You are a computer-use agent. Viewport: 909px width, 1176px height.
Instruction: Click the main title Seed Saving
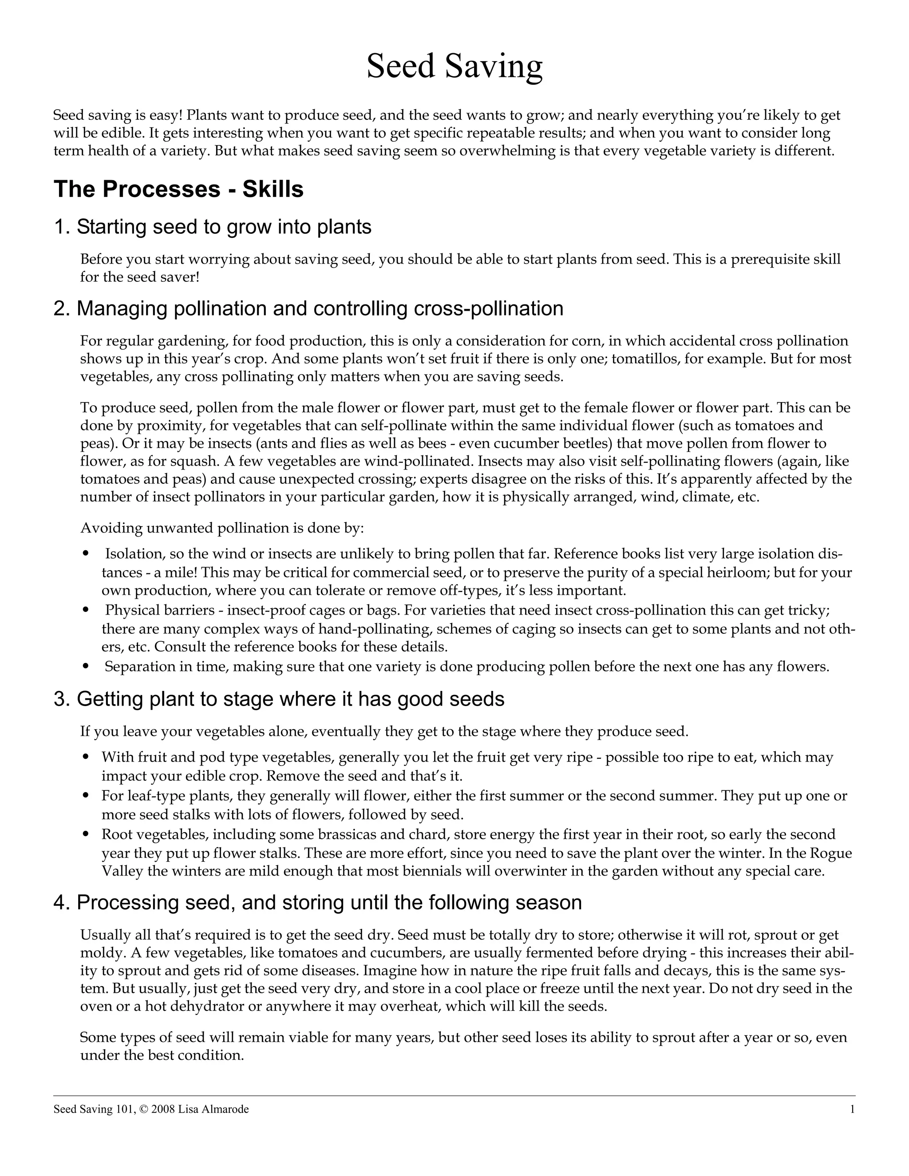click(x=454, y=67)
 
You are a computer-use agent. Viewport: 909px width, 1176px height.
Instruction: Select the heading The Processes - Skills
click(x=178, y=189)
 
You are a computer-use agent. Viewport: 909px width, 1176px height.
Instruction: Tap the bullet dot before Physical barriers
click(x=86, y=610)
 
